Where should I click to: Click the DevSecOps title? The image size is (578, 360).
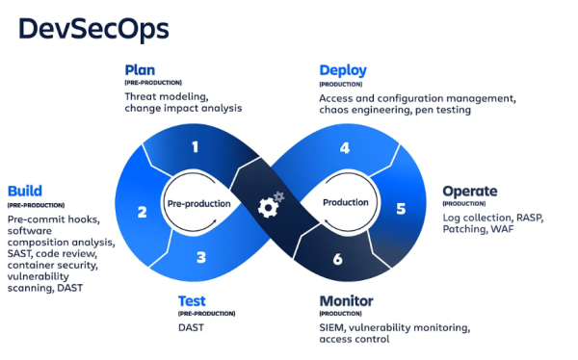click(94, 29)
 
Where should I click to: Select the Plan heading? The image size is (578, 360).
click(140, 70)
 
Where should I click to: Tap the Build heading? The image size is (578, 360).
click(25, 191)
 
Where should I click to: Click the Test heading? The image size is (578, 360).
click(192, 301)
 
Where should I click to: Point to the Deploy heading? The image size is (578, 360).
click(344, 70)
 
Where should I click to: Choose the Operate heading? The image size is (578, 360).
click(470, 191)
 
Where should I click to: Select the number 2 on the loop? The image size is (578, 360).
click(142, 212)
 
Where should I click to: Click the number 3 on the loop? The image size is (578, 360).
click(200, 257)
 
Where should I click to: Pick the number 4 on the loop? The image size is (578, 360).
click(344, 147)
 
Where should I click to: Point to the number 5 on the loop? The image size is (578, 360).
click(401, 207)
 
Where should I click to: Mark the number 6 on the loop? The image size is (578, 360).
click(337, 259)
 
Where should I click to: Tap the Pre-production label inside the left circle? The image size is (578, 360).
click(198, 203)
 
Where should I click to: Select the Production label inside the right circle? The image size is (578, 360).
click(345, 203)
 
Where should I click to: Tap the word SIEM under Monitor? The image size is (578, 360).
click(333, 327)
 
